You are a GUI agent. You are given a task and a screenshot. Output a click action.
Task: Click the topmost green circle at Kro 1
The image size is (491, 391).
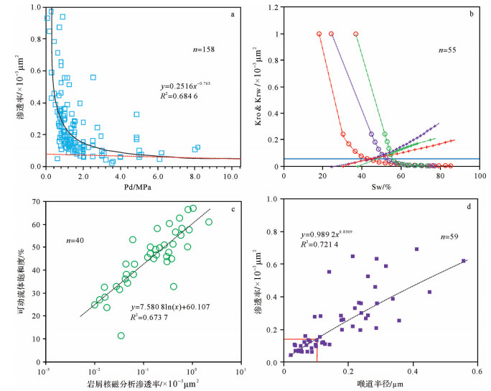click(356, 34)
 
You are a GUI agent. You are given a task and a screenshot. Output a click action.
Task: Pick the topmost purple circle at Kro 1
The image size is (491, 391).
click(331, 34)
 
